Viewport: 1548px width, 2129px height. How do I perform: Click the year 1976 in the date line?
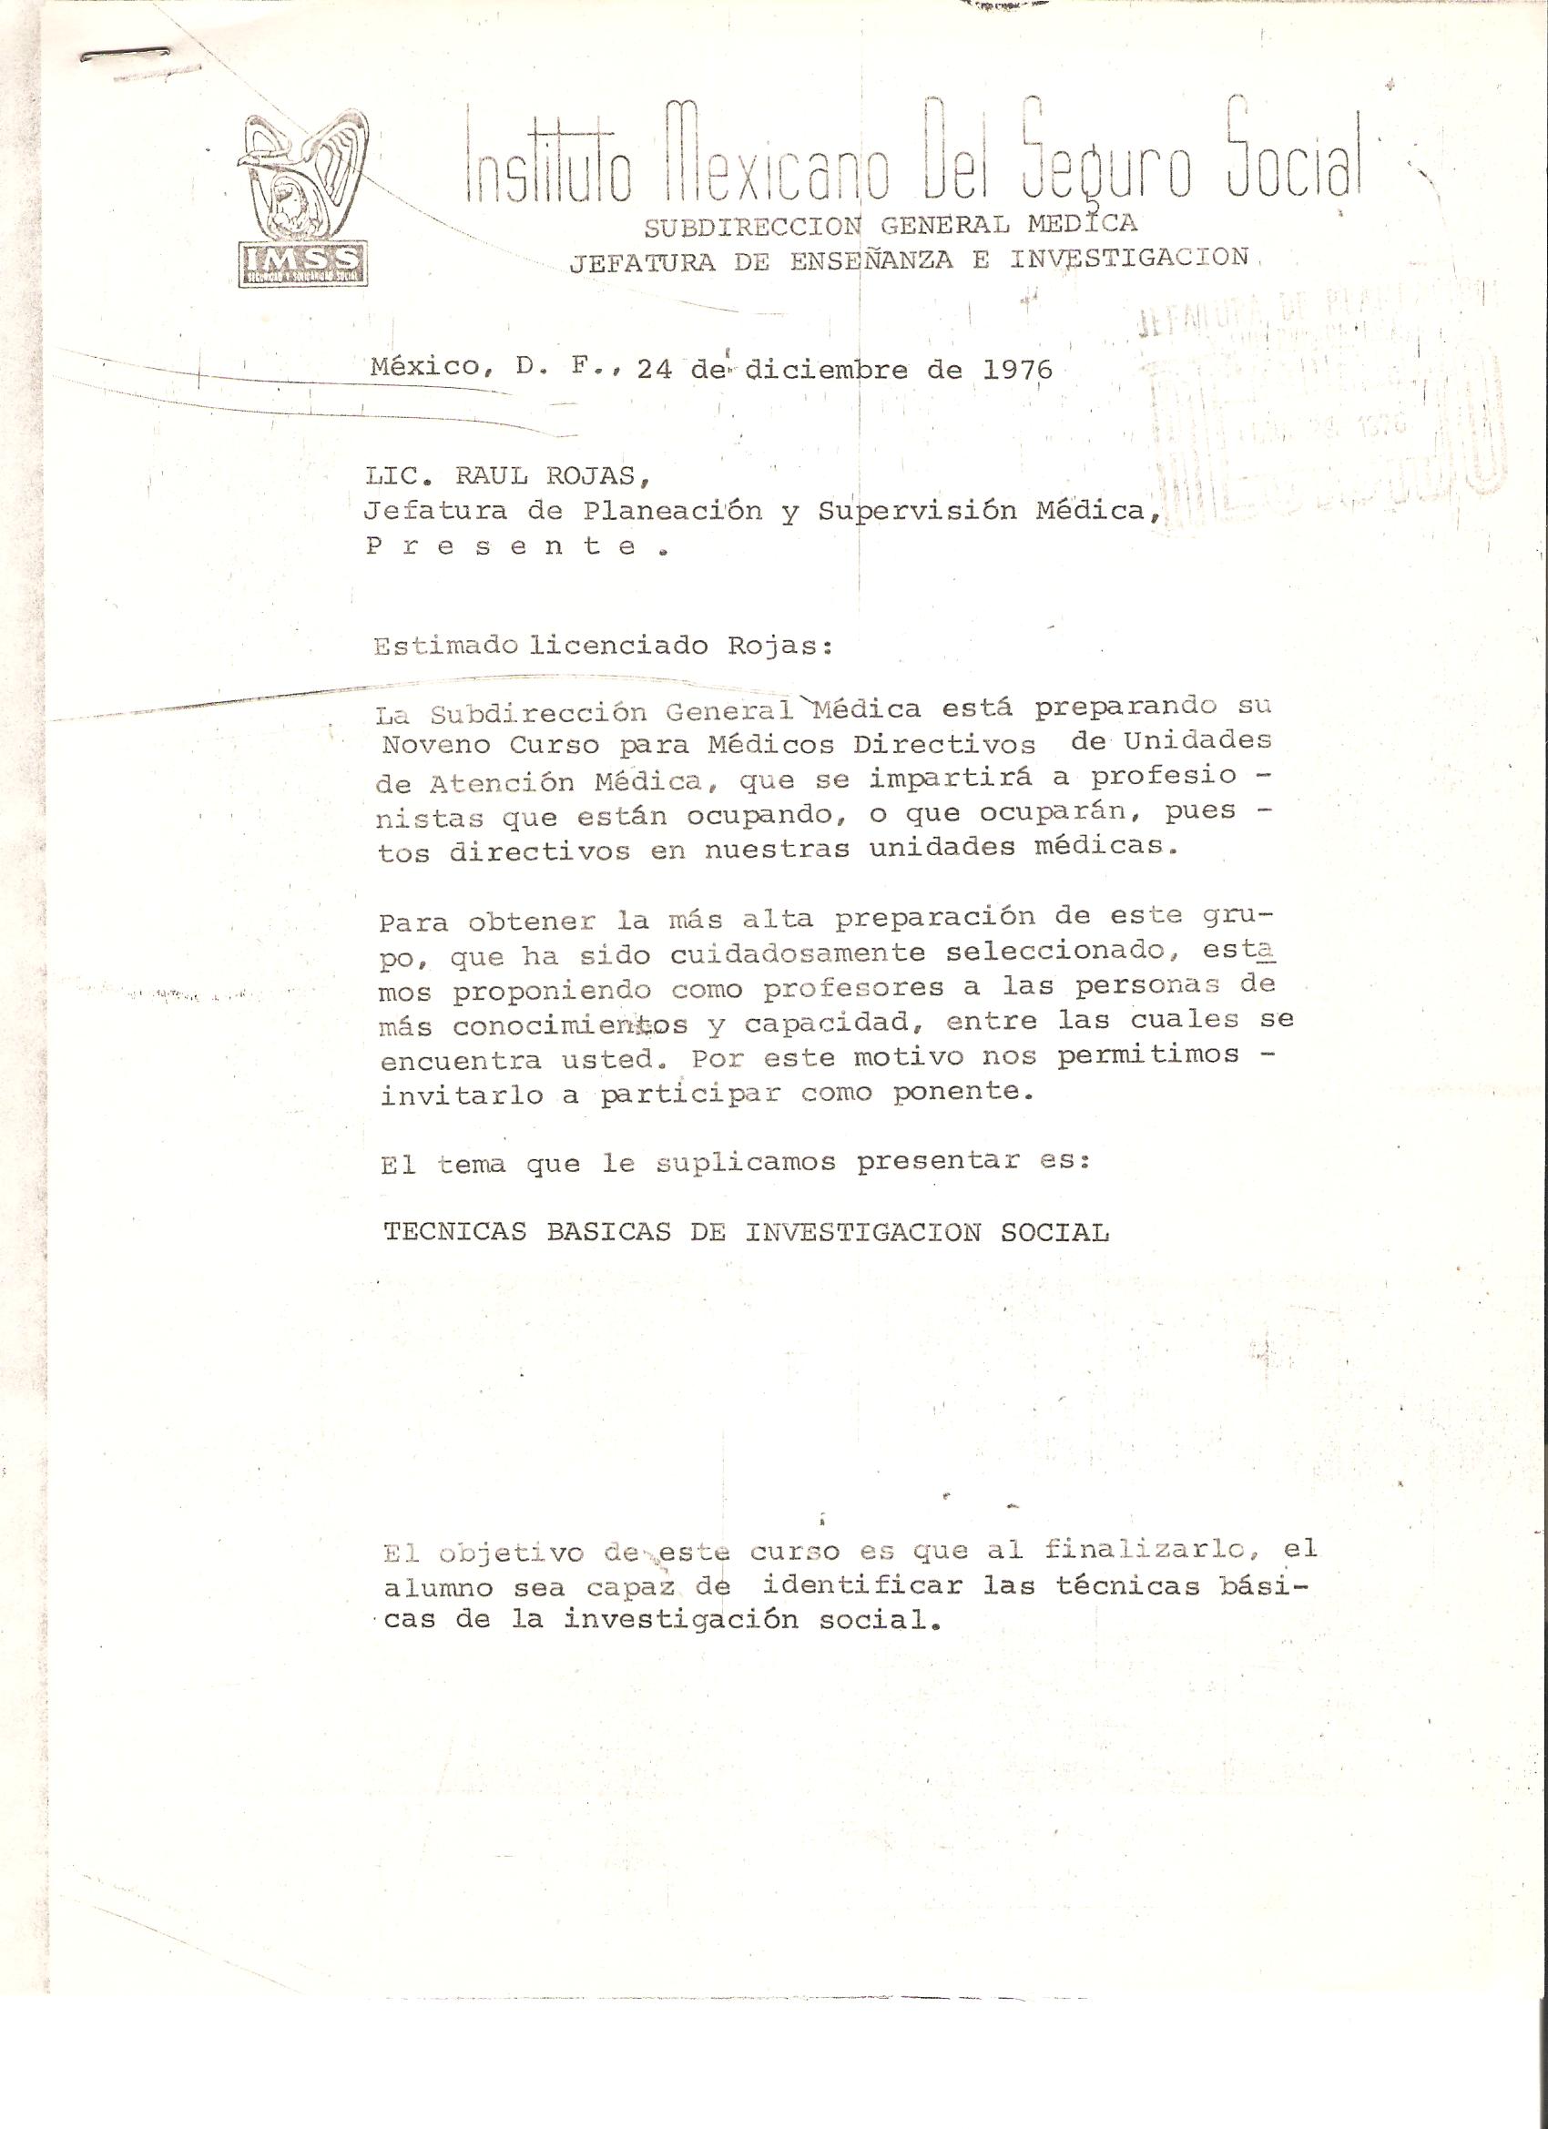tap(1018, 369)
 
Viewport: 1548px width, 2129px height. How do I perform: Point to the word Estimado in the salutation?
tap(446, 647)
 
